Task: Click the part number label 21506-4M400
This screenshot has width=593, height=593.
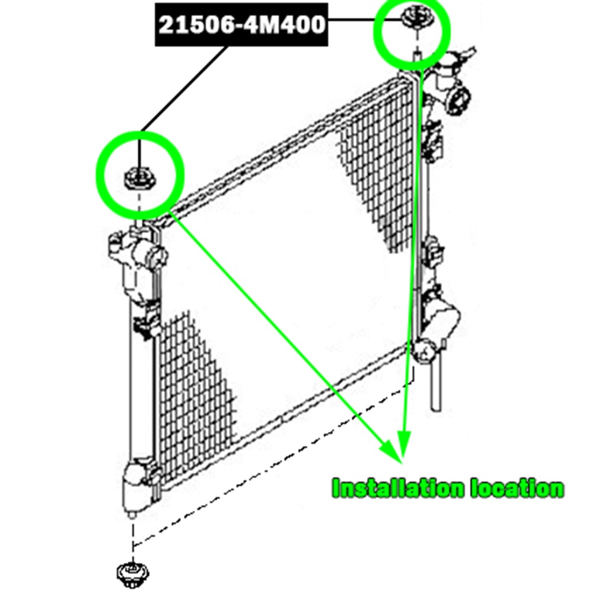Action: pyautogui.click(x=242, y=25)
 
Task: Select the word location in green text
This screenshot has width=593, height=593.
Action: pyautogui.click(x=518, y=488)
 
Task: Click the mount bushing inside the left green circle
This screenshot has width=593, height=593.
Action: pyautogui.click(x=139, y=178)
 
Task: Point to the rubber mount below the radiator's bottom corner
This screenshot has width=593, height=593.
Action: pyautogui.click(x=132, y=575)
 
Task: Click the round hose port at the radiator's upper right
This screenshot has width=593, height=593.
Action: pyautogui.click(x=458, y=101)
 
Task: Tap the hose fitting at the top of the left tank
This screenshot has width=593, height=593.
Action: pyautogui.click(x=137, y=246)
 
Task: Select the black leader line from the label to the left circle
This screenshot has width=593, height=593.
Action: pyautogui.click(x=184, y=88)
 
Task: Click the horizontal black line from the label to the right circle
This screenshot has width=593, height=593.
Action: pyautogui.click(x=365, y=18)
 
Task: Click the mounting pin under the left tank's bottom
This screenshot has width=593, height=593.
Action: pyautogui.click(x=132, y=515)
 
